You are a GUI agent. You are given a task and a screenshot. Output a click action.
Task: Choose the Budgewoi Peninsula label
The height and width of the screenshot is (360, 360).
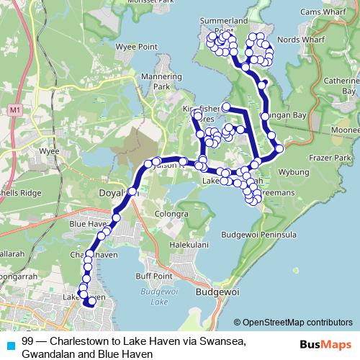point(260,235)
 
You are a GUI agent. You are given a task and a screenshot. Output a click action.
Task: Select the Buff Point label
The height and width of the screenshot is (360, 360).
point(156,276)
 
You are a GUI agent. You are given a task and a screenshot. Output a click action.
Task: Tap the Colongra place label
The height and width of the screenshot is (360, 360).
point(171,213)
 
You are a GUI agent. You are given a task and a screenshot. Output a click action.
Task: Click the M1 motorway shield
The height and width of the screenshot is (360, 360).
point(15,110)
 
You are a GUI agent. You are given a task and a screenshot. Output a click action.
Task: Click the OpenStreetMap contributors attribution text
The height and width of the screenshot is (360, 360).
point(294,322)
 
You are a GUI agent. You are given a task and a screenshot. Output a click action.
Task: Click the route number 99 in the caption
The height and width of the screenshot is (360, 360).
point(28,341)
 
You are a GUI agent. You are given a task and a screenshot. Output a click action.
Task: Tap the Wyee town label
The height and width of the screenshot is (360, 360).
point(49,152)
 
